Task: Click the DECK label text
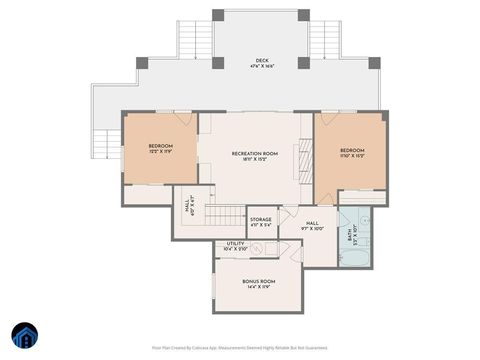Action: click(261, 63)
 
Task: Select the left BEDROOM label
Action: click(160, 148)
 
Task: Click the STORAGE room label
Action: click(260, 221)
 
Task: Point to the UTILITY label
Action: click(235, 246)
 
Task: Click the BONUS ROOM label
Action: click(259, 284)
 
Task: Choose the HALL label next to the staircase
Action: click(187, 206)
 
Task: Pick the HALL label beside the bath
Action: click(312, 225)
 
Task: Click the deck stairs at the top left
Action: click(195, 39)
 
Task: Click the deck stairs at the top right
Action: click(325, 39)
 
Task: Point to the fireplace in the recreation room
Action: click(297, 160)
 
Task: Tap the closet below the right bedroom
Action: click(363, 197)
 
